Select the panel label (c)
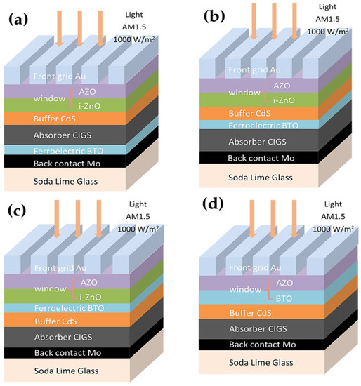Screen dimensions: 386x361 pyautogui.click(x=21, y=213)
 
